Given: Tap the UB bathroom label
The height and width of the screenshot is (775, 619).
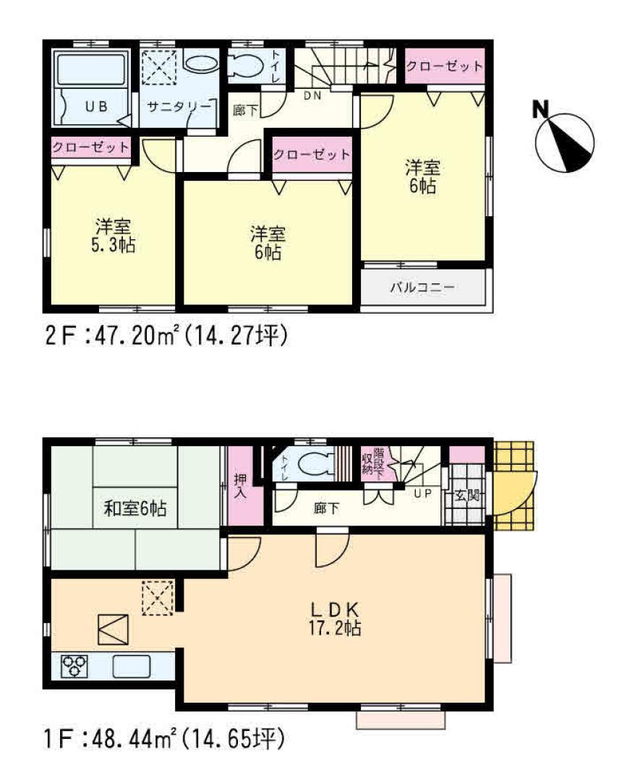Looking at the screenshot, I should click(95, 106).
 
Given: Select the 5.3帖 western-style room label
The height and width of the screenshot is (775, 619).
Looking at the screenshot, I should click(113, 234).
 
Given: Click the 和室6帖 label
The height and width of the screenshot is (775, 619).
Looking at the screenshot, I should click(135, 508).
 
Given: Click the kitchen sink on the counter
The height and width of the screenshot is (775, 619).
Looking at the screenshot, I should click(132, 665).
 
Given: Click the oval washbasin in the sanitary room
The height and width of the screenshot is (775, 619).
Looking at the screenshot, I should click(200, 63).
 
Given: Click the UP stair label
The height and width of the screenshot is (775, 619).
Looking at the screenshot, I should click(422, 494).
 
